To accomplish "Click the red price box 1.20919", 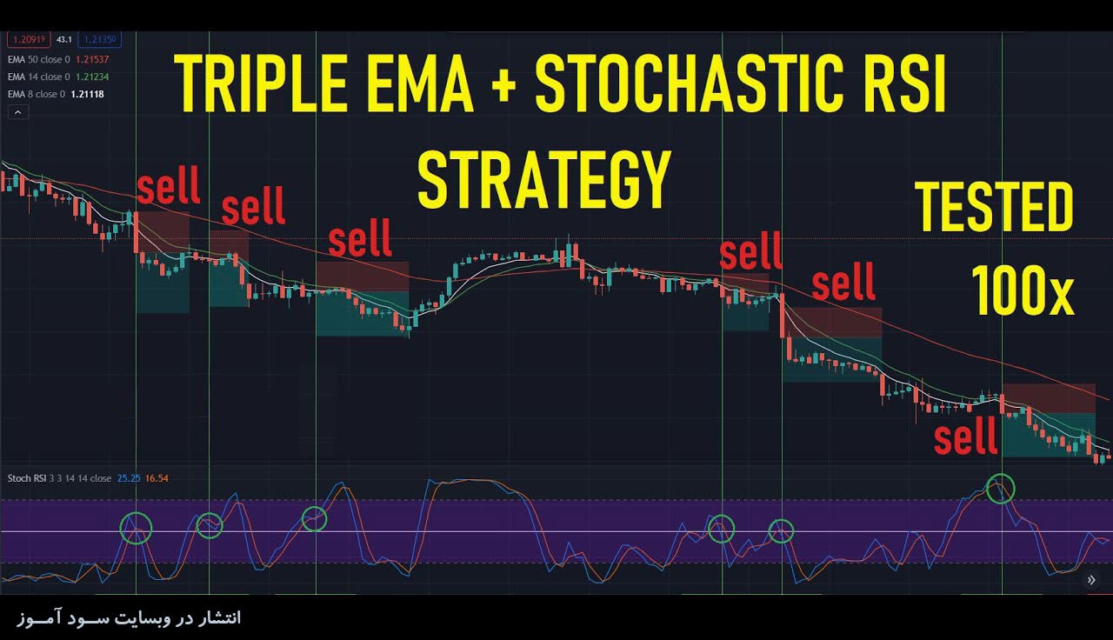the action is (29, 39).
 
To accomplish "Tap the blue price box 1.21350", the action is (100, 39).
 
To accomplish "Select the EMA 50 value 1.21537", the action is (92, 60).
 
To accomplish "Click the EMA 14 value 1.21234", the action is (92, 77).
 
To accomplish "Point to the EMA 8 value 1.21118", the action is (88, 95).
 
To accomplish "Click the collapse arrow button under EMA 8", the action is (18, 113).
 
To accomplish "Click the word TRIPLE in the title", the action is (260, 83).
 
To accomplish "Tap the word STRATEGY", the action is (543, 179).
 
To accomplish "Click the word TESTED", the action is (994, 207).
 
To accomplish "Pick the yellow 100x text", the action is (1023, 290).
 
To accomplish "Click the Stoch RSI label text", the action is (27, 478).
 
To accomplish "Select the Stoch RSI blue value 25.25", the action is (129, 478).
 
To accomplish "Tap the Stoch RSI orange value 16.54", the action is (157, 478).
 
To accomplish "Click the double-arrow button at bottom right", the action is (1091, 580).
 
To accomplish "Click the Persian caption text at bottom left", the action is (130, 617).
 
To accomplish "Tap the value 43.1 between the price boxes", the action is (64, 40).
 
